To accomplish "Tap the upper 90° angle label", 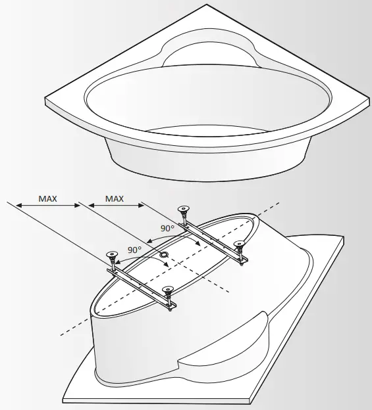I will (x=167, y=228).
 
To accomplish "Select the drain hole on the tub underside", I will (x=164, y=254).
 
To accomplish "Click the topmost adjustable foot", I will (x=184, y=211).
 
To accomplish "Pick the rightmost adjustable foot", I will (x=240, y=245).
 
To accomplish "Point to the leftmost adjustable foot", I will (x=111, y=255).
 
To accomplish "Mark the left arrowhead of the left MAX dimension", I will (x=18, y=206).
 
